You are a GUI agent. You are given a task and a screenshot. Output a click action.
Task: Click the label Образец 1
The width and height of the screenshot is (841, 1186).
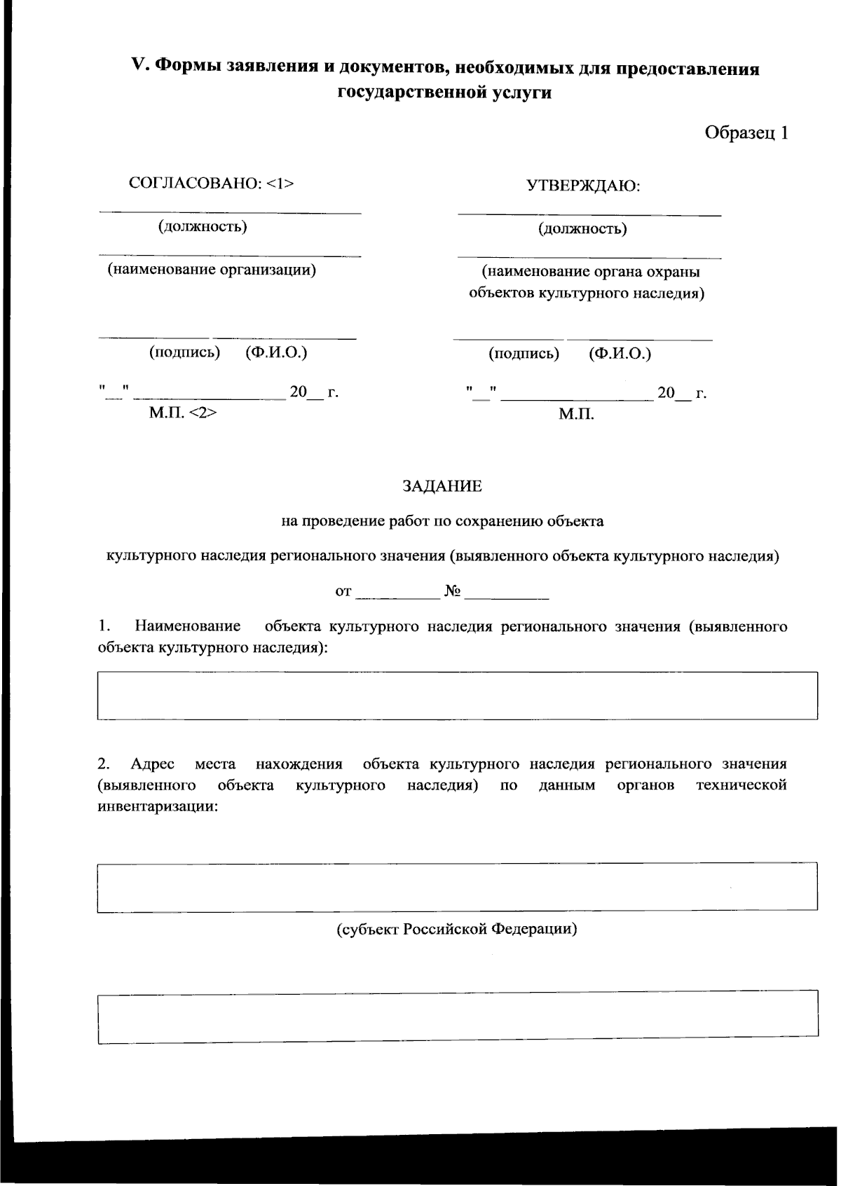click(746, 133)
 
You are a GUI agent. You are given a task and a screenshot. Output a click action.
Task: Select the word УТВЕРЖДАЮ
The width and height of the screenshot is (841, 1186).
click(583, 186)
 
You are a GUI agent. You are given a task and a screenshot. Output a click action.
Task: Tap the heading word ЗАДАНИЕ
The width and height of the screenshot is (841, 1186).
click(442, 486)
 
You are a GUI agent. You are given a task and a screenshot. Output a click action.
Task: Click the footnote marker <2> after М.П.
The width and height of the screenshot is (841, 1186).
click(203, 413)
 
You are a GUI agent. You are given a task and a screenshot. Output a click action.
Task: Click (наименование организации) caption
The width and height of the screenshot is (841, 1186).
click(211, 270)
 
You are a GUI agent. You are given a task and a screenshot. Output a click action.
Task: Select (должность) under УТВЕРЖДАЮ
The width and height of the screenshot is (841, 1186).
click(582, 228)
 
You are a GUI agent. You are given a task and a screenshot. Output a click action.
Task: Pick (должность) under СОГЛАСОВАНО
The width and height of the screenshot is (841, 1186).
click(203, 226)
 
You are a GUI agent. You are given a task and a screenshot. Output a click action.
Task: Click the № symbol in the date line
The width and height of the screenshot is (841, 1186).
click(452, 592)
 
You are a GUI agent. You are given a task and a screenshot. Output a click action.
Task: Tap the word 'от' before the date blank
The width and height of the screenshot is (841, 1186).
click(343, 592)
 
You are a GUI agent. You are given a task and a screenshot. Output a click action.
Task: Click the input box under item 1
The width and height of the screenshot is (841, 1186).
click(457, 696)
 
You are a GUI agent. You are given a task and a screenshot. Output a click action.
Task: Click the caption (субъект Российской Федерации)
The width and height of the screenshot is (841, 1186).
click(457, 930)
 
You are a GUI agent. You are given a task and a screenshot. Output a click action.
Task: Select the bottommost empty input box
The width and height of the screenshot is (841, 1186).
click(457, 1016)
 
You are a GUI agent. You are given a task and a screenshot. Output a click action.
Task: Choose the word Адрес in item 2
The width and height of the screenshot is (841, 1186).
click(152, 764)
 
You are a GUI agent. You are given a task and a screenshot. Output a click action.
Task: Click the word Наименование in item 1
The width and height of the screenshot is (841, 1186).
click(187, 626)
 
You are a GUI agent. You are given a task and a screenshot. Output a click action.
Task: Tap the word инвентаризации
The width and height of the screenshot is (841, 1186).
click(158, 806)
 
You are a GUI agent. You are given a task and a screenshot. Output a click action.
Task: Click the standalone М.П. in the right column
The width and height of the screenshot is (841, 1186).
click(576, 415)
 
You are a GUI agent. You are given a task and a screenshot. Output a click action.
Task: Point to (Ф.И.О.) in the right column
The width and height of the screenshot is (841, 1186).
click(620, 354)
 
